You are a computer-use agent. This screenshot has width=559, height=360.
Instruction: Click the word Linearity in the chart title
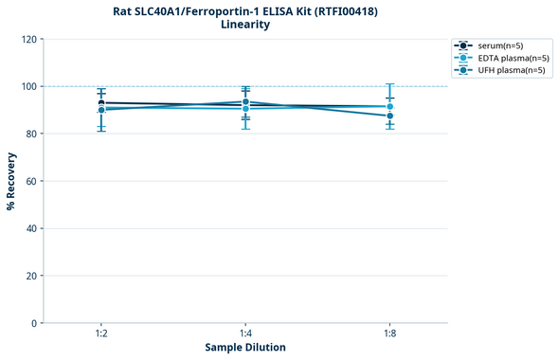click(244, 25)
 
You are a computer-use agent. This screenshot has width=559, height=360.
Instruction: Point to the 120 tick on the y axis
click(28, 40)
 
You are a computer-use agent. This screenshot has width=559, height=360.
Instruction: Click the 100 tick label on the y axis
click(28, 87)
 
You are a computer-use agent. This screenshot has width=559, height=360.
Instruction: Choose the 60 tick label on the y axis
click(31, 181)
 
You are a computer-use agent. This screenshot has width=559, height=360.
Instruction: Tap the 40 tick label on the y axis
click(31, 228)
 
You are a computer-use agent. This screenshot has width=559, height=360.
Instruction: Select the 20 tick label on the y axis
click(31, 276)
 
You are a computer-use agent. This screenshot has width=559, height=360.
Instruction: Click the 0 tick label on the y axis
click(34, 323)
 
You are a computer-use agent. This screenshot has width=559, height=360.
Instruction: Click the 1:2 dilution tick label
click(100, 334)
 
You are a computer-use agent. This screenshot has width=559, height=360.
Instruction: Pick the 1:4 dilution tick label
click(245, 334)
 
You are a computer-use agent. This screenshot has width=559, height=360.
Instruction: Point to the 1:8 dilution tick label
click(389, 334)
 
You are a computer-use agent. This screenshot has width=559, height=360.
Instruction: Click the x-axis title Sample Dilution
click(245, 348)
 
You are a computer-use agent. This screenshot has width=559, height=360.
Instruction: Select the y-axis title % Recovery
click(11, 181)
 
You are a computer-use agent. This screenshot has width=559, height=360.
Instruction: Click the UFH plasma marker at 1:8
click(389, 116)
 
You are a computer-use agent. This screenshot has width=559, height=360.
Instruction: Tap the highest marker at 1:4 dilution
click(245, 101)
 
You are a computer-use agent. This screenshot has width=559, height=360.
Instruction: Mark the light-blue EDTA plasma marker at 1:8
click(389, 107)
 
